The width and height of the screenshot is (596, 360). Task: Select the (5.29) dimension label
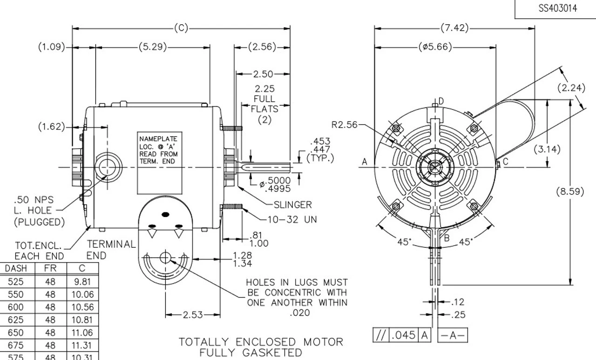pyautogui.click(x=152, y=47)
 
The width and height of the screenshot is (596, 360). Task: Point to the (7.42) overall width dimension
pyautogui.click(x=454, y=28)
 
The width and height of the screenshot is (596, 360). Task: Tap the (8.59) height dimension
pyautogui.click(x=570, y=191)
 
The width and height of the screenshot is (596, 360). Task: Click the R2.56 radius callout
pyautogui.click(x=345, y=124)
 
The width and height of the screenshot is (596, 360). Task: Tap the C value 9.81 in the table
pyautogui.click(x=82, y=281)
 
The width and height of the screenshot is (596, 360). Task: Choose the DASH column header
pyautogui.click(x=16, y=268)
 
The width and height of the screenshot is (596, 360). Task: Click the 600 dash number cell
pyautogui.click(x=16, y=307)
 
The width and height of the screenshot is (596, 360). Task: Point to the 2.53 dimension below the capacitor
pyautogui.click(x=193, y=315)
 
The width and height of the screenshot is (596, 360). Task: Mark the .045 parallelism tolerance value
pyautogui.click(x=403, y=335)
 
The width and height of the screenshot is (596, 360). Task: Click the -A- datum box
pyautogui.click(x=453, y=335)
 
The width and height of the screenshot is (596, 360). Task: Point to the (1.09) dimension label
pyautogui.click(x=52, y=47)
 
